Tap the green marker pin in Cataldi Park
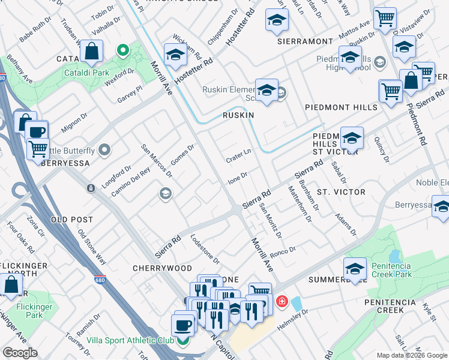pyautogui.click(x=123, y=50)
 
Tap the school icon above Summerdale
pyautogui.click(x=355, y=268)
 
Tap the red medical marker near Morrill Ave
pyautogui.click(x=280, y=301)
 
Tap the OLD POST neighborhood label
pyautogui.click(x=72, y=220)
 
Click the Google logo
pyautogui.click(x=20, y=353)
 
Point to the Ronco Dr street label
pyautogui.click(x=283, y=251)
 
